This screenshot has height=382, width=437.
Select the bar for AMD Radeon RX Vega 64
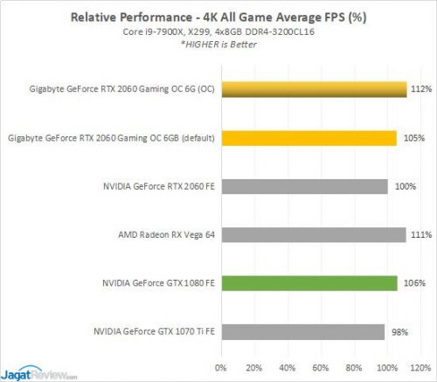(x=313, y=234)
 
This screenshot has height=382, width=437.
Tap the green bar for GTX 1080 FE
(x=309, y=282)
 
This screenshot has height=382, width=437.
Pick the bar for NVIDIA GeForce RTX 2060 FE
(x=303, y=186)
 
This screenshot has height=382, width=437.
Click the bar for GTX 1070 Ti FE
(x=302, y=331)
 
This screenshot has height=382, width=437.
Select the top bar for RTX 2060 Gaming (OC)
(x=314, y=89)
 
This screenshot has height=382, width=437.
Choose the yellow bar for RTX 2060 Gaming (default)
(x=309, y=137)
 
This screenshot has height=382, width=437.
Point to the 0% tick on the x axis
(x=220, y=366)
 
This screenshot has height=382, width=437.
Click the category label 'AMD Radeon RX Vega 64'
(x=166, y=234)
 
